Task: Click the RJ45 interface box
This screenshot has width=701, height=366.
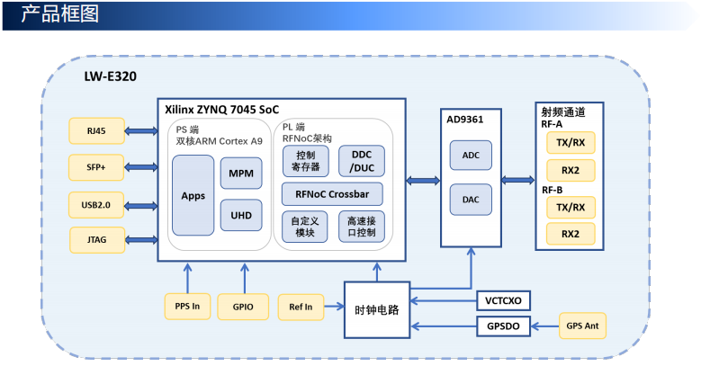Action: coord(96,131)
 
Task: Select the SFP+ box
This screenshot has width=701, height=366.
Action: coord(96,167)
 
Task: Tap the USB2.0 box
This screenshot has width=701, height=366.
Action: coord(96,205)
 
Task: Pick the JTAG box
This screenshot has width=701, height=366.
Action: coord(97,240)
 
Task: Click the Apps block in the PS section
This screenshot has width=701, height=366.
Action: coord(193,195)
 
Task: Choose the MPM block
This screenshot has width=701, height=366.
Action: coord(241,173)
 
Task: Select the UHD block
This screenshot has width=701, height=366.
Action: coord(241,215)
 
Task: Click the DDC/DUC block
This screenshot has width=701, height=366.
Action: coord(362,161)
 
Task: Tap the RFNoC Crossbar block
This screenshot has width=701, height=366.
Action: coord(332,194)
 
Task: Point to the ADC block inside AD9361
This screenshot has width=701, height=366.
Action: coord(471,155)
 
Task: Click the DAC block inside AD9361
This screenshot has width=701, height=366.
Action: coord(471,200)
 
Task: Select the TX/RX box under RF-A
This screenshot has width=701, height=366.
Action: coord(571,143)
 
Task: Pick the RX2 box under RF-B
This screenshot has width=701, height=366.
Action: coord(571,234)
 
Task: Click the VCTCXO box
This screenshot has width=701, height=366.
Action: coord(503,300)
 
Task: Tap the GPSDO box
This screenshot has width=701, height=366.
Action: coord(503,326)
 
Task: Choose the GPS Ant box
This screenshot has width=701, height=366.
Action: coord(582,326)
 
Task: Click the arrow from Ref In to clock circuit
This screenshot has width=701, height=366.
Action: coord(334,307)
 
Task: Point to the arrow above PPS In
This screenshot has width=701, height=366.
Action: coord(188,278)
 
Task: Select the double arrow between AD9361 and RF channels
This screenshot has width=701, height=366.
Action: coord(517,180)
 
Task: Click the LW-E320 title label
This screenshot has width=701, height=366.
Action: coord(111,76)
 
